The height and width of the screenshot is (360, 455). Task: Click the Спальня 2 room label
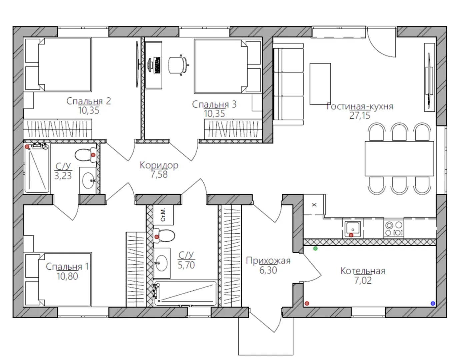tap(89, 101)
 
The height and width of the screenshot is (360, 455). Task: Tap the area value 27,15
tap(360, 115)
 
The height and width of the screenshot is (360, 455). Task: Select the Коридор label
tap(159, 165)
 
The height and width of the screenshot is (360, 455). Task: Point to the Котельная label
tap(363, 271)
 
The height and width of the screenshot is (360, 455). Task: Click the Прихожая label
tap(268, 261)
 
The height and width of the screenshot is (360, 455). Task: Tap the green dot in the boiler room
tap(315, 249)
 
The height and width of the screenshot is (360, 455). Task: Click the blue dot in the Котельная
tap(433, 304)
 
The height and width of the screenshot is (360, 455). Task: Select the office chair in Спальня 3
tap(179, 65)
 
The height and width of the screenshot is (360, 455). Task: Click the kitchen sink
tap(353, 229)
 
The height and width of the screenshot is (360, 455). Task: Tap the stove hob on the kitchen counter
tap(394, 228)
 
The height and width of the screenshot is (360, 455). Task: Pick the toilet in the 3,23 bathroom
tap(86, 155)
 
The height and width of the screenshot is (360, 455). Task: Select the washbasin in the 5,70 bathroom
tap(162, 263)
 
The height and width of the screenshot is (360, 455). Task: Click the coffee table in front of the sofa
tap(320, 84)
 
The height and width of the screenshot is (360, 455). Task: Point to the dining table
tap(399, 159)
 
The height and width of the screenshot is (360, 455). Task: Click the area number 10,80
tap(67, 276)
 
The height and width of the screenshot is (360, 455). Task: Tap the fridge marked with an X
tap(314, 205)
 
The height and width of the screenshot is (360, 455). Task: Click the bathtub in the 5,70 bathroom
tap(185, 293)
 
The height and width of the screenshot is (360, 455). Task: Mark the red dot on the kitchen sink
tap(351, 235)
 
